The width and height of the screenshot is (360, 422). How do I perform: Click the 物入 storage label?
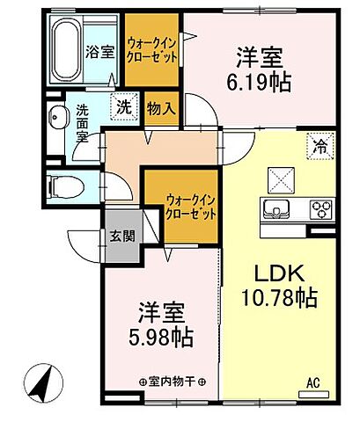161,108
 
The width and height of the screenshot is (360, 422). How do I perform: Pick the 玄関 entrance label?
122,235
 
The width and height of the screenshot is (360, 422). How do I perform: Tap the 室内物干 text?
172,382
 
